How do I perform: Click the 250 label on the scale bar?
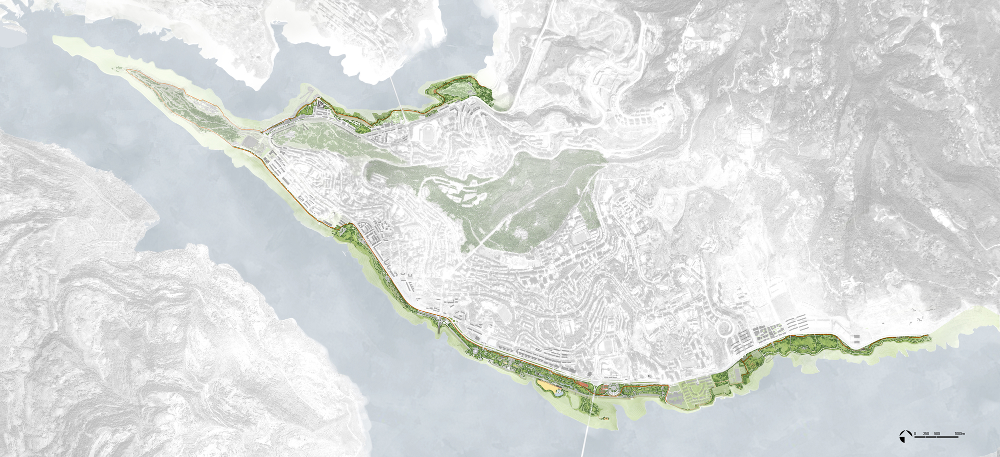click(926, 434)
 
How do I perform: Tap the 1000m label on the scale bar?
click(959, 434)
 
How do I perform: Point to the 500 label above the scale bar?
click(937, 434)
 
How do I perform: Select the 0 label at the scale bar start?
click(915, 434)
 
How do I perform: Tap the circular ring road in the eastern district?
click(722, 329)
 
